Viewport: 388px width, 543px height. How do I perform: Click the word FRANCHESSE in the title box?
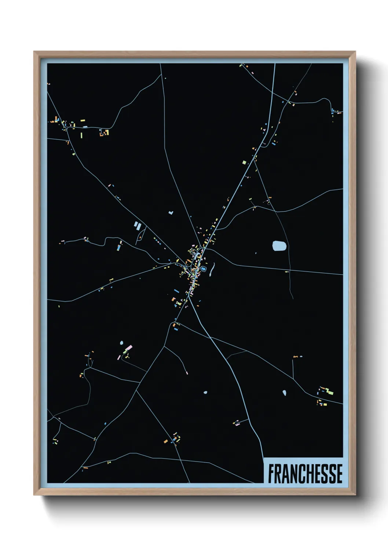[x=305, y=474]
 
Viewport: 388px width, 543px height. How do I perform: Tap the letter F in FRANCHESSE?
[x=271, y=474]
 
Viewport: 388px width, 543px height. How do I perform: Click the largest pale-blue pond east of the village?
[x=279, y=246]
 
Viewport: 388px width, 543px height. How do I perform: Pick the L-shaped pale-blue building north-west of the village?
[x=171, y=212]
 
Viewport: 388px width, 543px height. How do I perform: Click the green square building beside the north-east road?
[x=244, y=162]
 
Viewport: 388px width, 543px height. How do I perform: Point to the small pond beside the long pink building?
[x=121, y=343]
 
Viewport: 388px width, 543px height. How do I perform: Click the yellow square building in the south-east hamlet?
[x=325, y=405]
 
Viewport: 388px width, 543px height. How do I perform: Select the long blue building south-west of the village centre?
[x=176, y=291]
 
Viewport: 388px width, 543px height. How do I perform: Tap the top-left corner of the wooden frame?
[x=34, y=52]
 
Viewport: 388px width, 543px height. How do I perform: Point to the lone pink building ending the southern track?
[x=187, y=373]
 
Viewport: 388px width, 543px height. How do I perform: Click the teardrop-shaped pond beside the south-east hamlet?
[x=284, y=393]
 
